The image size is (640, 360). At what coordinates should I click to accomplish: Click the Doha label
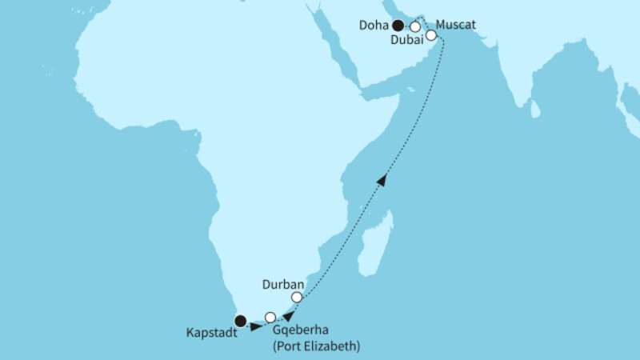tap(373, 25)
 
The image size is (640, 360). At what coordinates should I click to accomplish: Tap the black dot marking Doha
tap(398, 25)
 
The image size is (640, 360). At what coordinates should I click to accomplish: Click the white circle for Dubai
tap(415, 26)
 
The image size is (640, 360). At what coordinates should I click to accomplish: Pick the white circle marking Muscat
tap(431, 35)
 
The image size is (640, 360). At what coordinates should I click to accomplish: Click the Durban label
tap(280, 284)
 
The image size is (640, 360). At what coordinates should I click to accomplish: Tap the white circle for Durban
tap(297, 298)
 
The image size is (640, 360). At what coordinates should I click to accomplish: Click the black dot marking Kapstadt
tap(239, 322)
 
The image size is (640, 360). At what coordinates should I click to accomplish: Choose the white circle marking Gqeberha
tap(270, 317)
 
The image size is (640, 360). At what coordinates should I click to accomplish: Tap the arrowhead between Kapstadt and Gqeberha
tap(255, 326)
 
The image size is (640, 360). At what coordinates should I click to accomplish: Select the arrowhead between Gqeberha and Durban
tap(288, 314)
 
